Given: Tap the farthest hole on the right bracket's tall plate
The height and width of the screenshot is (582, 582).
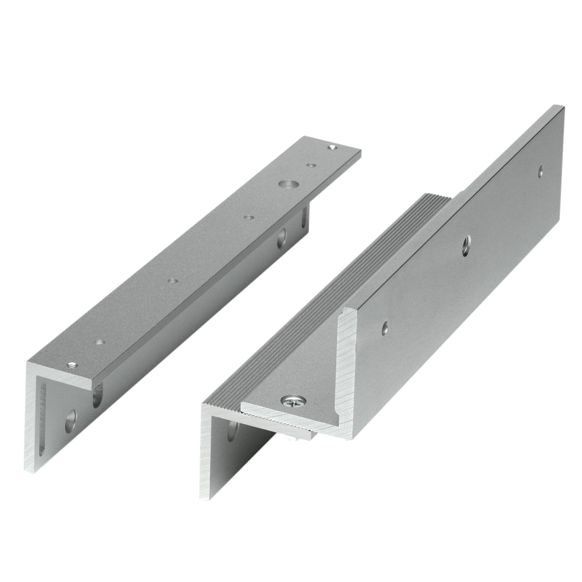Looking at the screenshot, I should point(541,171).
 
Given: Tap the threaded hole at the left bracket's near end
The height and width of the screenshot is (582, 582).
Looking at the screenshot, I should point(72,365).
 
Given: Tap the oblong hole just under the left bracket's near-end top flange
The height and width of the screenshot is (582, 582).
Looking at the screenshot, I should point(95,399).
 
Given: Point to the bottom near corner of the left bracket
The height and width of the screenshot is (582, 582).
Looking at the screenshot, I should point(26,470).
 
